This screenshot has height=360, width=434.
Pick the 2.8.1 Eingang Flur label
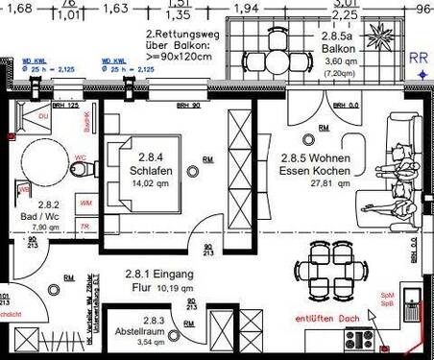pyautogui.click(x=159, y=280)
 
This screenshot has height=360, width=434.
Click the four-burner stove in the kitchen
pyautogui.click(x=359, y=339)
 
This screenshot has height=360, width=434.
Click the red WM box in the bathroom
pyautogui.click(x=86, y=204)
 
